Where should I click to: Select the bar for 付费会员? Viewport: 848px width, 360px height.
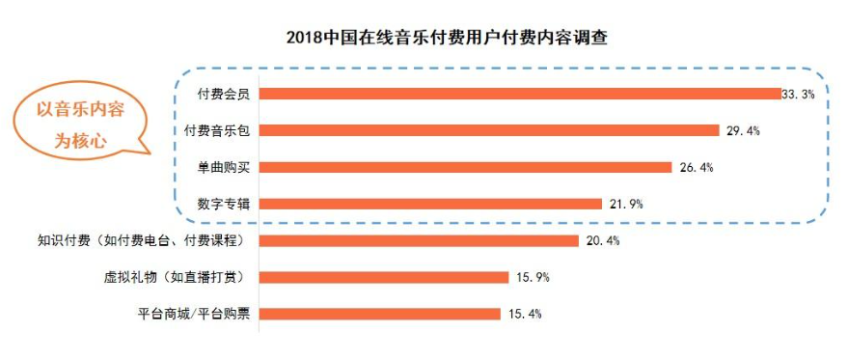(x=520, y=94)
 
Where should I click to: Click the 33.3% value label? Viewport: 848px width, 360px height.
(x=800, y=94)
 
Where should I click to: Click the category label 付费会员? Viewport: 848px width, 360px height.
(x=224, y=94)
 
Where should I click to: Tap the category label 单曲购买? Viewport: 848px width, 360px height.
(x=224, y=167)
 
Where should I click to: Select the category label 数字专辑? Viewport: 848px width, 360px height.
(x=224, y=204)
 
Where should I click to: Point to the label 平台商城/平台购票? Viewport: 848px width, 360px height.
(x=196, y=314)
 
